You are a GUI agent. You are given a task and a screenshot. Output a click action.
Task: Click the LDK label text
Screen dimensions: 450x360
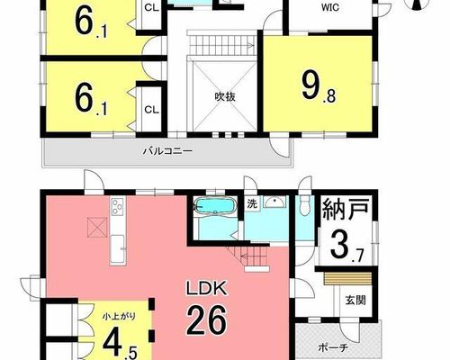click(x=206, y=289)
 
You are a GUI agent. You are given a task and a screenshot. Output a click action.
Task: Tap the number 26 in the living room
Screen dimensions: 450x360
click(x=206, y=320)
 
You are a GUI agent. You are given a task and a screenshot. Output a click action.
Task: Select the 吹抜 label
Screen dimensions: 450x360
click(x=225, y=96)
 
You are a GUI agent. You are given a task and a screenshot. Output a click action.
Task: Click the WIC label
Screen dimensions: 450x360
click(x=330, y=7)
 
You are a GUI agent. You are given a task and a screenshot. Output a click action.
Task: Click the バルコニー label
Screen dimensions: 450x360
click(x=167, y=150)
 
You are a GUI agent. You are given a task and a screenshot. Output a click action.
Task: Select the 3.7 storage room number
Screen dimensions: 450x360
click(x=347, y=247)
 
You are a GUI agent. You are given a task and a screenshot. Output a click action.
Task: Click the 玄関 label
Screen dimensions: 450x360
click(x=355, y=300)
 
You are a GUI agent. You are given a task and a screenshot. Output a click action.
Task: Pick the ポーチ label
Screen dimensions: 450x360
click(x=333, y=348)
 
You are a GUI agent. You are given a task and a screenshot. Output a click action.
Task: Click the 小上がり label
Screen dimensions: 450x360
click(x=119, y=316)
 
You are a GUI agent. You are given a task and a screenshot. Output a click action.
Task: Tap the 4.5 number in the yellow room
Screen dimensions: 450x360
click(x=120, y=345)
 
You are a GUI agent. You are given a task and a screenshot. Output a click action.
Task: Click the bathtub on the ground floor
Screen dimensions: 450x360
click(x=216, y=205)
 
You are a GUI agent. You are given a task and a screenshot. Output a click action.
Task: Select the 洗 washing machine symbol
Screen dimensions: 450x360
click(x=252, y=204)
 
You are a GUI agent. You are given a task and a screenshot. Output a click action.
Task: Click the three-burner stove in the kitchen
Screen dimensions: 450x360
click(x=118, y=206)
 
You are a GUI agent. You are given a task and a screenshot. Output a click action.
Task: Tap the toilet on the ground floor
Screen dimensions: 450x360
click(x=304, y=205)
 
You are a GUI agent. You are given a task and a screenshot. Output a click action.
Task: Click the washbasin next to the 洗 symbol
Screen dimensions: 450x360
click(x=275, y=202)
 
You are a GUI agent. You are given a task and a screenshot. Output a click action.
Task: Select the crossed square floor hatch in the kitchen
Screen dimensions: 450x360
click(x=97, y=228)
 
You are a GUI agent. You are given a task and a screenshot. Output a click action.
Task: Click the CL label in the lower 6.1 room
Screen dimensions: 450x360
click(x=152, y=110)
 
